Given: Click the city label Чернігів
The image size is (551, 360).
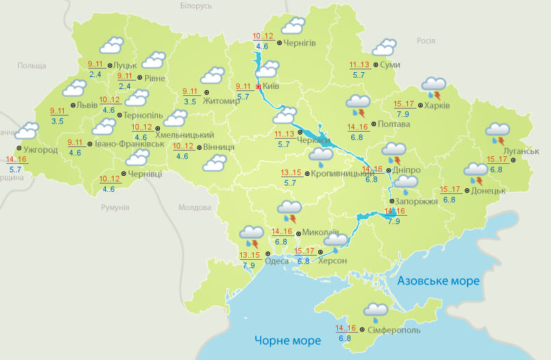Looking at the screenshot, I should (301, 43).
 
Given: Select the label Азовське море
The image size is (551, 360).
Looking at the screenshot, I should (438, 281).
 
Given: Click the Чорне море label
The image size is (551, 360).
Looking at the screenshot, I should (287, 340).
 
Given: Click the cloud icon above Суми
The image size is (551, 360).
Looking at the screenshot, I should (383, 48).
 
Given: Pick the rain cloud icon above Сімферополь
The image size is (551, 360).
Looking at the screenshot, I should (376, 312).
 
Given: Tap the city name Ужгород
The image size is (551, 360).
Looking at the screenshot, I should (40, 150).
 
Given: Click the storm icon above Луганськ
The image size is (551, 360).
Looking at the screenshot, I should (498, 134).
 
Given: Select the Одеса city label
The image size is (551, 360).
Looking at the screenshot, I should (277, 261).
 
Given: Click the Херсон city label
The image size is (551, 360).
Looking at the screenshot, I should (332, 261).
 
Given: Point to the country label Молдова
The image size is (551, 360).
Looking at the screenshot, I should (194, 208).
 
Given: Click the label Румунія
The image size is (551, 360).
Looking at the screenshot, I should (115, 208).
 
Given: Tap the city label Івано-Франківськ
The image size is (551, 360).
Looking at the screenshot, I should (129, 144).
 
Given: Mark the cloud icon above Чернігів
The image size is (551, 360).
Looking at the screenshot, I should (292, 27).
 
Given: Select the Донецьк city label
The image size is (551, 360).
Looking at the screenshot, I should (488, 191).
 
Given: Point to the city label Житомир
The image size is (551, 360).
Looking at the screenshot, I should (221, 101).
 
